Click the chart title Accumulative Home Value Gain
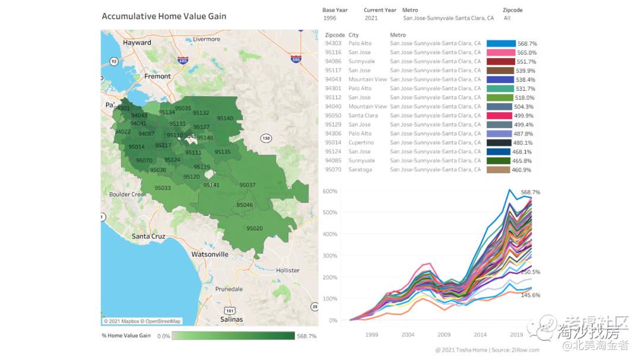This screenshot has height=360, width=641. tap(164, 16)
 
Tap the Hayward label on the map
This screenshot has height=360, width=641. tap(137, 43)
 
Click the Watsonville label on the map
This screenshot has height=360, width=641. tap(210, 254)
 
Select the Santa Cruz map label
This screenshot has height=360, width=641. tap(148, 236)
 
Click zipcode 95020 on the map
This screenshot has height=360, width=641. tap(255, 228)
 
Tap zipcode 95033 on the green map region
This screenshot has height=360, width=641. tap(163, 188)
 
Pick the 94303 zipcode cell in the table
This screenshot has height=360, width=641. tap(333, 44)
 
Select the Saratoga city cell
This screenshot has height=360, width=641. tap(360, 170)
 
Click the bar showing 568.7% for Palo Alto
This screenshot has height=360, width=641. tap(501, 44)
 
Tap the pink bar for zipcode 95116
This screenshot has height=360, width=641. tap(500, 53)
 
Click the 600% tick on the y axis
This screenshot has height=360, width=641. tap(330, 191)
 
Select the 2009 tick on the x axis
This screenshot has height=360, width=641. tap(444, 334)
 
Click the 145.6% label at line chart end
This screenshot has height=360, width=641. tap(530, 295)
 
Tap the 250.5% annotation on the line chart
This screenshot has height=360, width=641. tap(530, 272)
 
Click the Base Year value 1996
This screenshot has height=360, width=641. tap(329, 18)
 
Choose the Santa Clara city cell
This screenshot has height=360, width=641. tap(363, 116)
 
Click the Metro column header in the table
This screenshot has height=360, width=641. tap(398, 35)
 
